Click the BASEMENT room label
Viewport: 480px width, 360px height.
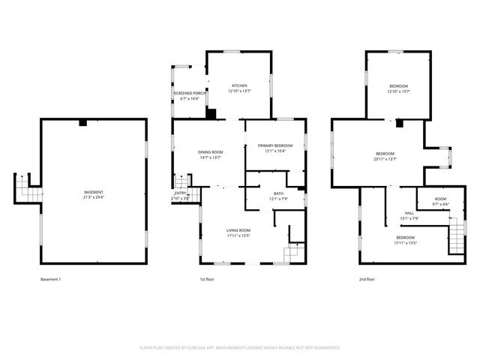[x=94, y=193]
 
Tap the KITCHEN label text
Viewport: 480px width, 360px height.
[x=239, y=85]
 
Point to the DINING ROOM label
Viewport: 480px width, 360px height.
[x=211, y=152]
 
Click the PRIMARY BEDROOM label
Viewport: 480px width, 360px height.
[x=275, y=145]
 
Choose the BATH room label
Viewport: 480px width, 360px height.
[x=278, y=194]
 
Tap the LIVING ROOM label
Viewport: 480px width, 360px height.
[x=238, y=230]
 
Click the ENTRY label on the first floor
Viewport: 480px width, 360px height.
[x=180, y=193]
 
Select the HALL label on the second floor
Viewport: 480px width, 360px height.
[x=409, y=213]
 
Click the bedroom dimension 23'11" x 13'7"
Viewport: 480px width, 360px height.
[x=385, y=158]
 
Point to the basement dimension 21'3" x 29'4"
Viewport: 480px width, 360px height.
[x=94, y=198]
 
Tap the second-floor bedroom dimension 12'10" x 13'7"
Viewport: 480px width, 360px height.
[x=399, y=91]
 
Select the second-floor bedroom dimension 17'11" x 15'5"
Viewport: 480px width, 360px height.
[x=406, y=243]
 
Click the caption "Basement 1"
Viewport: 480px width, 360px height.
[x=50, y=279]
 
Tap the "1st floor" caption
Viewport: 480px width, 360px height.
[x=208, y=279]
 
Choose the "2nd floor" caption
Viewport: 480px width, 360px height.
[x=367, y=279]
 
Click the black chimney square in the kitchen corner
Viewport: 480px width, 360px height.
[x=211, y=113]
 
